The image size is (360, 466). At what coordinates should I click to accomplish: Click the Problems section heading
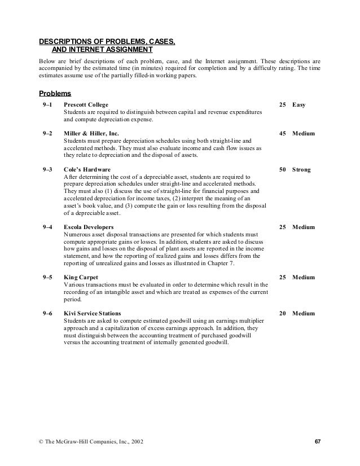54,93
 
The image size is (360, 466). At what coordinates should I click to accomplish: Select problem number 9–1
47,105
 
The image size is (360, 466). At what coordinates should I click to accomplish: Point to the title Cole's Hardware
87,169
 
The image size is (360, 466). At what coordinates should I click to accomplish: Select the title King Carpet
81,277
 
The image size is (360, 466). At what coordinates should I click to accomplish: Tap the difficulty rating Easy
299,105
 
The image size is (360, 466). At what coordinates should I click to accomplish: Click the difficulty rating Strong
301,169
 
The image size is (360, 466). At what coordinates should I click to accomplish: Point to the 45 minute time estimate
283,134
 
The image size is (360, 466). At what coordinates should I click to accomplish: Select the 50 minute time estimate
283,169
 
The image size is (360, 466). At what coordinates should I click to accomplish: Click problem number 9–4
47,227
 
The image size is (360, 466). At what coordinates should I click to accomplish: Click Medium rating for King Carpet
304,277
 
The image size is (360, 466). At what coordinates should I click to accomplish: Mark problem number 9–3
47,169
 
